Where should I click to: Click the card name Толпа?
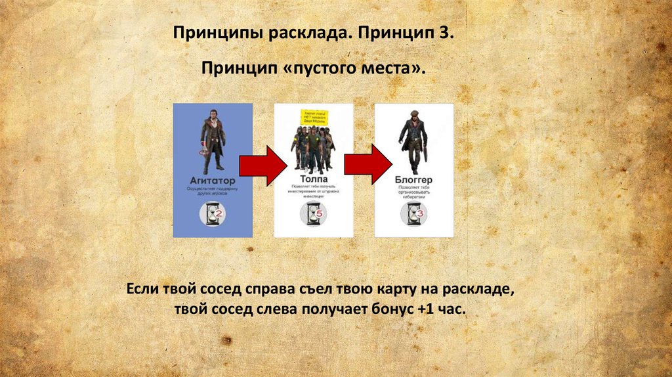(313, 179)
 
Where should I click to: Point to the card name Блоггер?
(413, 179)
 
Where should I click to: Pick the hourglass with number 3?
(414, 213)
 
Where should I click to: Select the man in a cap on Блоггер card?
(413, 141)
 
